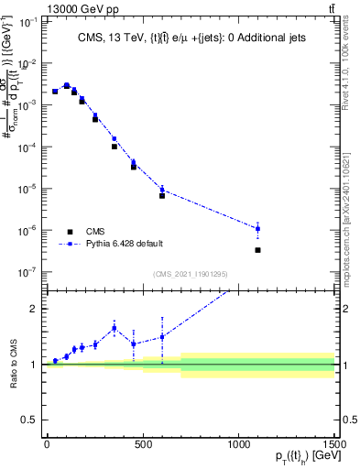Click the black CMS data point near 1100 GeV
[257, 250]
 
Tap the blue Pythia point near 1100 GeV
[257, 228]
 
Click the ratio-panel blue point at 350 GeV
[114, 328]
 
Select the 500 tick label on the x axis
[143, 444]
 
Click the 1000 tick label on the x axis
[238, 444]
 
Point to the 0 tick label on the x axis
[47, 444]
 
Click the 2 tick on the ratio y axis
[34, 309]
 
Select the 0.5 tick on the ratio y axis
[29, 420]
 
